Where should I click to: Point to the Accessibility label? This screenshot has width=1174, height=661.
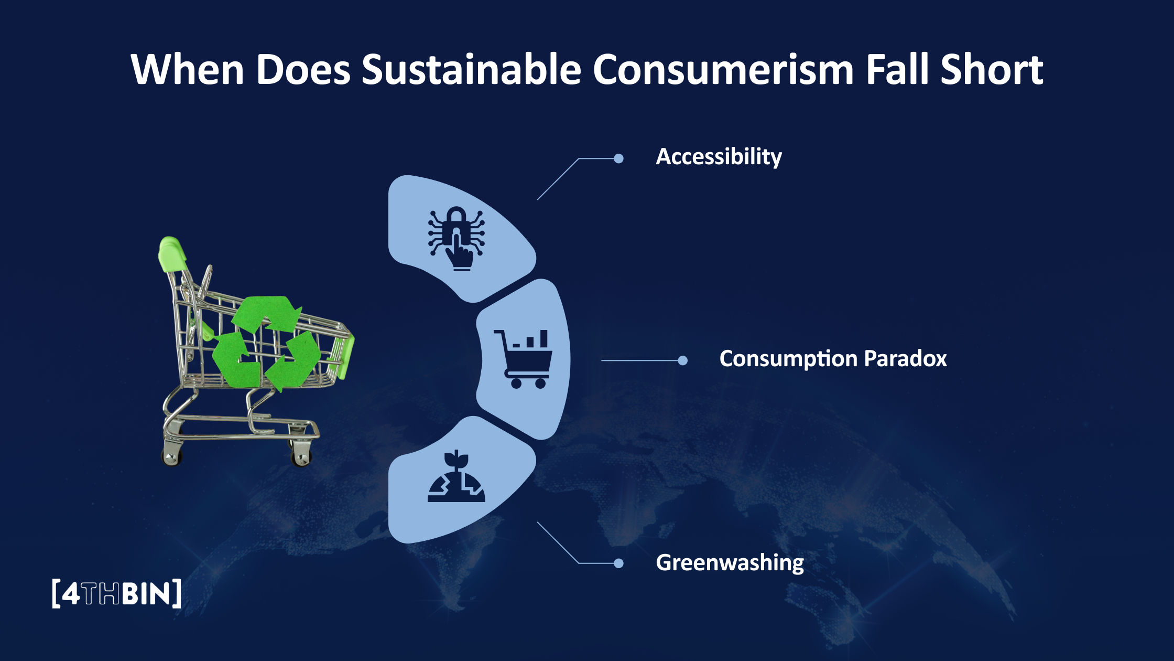coord(719,157)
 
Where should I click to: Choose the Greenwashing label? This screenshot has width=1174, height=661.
coord(730,563)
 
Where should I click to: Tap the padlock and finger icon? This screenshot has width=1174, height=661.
coord(456,238)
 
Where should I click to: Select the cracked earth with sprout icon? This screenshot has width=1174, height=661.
coord(456,476)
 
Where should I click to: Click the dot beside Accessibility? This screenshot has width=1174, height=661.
coord(618,158)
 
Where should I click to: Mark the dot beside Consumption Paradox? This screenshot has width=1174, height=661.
coord(682,360)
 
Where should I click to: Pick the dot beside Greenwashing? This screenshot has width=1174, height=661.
coord(618,563)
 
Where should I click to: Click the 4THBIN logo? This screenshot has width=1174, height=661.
coord(117,593)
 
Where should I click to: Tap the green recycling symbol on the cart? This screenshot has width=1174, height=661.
coord(266,342)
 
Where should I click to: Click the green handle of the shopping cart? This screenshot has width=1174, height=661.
coord(172,254)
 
